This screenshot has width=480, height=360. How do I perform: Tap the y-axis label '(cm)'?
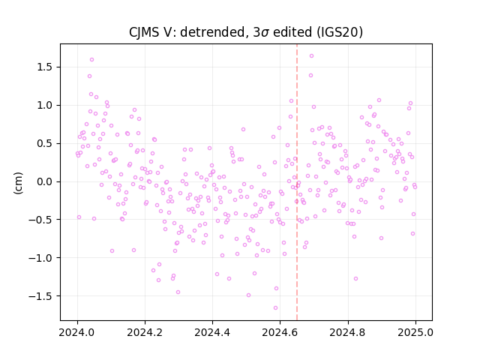coord(18,183)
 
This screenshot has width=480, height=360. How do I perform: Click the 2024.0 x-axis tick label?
coord(77,332)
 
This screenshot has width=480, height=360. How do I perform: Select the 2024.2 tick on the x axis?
coord(145,332)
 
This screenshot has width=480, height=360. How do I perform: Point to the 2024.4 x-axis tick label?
coord(212,332)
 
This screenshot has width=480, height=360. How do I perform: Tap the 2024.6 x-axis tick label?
coord(280,332)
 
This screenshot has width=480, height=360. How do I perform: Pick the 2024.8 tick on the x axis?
coord(348,332)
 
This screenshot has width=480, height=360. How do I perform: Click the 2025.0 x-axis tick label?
coord(415,332)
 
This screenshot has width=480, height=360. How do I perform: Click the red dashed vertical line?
coord(297,182)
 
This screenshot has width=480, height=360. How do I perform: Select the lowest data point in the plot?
coord(275,308)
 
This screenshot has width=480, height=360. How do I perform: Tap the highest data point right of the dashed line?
coord(312,56)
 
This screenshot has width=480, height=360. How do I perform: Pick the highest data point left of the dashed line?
coord(91,60)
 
